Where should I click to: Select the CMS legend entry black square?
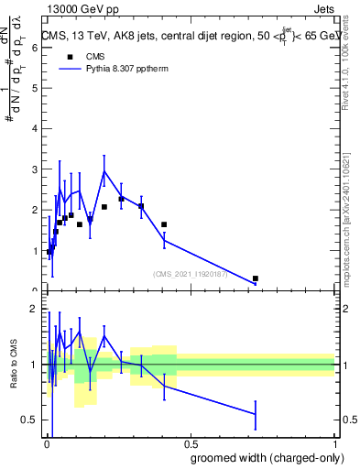tap(68, 58)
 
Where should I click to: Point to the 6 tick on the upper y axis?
tap(34, 48)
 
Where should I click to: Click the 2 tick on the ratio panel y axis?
tap(34, 309)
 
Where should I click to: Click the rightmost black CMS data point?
tap(256, 278)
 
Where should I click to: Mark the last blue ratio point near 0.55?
tap(256, 414)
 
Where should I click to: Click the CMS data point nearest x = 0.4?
tap(164, 224)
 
